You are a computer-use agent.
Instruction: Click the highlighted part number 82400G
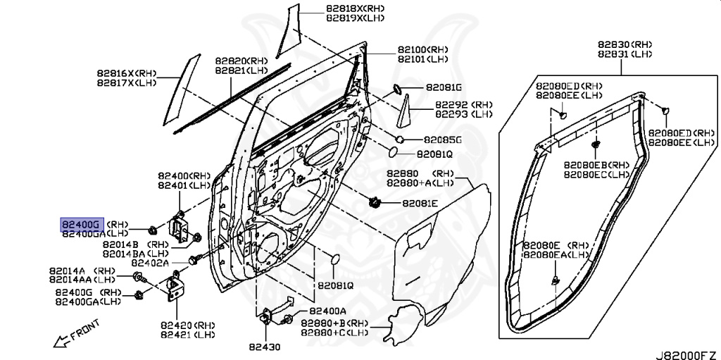point(81,225)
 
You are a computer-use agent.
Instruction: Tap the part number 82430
point(265,347)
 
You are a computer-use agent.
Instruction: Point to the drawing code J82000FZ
point(687,355)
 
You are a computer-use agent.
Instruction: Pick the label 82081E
point(420,203)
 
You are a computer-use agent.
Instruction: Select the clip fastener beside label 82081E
point(375,201)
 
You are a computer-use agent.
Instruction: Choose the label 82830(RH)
point(625,44)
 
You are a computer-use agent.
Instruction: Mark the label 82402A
point(151,263)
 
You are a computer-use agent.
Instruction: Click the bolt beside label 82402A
point(195,259)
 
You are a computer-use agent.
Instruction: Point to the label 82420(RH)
point(187,325)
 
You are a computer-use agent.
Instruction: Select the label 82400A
point(328,311)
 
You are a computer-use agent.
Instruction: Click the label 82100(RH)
point(423,50)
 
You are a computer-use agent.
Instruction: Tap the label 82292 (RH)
point(463,105)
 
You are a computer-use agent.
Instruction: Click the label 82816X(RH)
point(127,73)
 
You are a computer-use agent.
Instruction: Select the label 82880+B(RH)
point(334,323)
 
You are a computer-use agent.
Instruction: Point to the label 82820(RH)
point(242,61)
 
